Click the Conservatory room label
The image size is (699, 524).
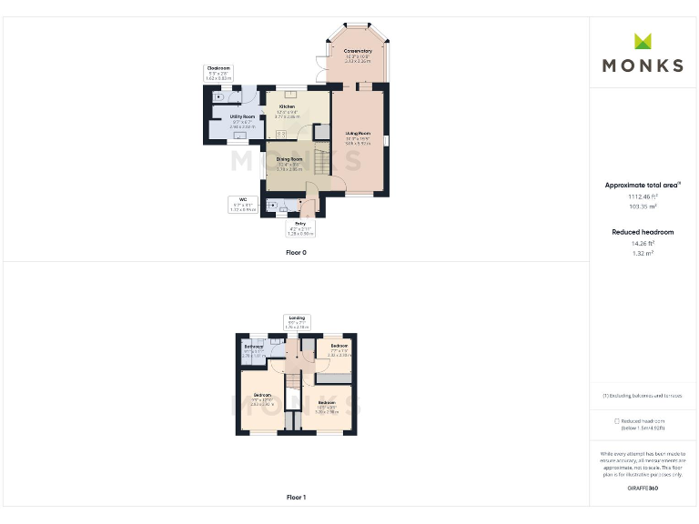click(358, 51)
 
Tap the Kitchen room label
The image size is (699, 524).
click(287, 107)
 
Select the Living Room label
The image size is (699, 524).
click(358, 134)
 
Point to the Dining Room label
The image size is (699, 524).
click(289, 159)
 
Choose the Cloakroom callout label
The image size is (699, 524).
click(218, 68)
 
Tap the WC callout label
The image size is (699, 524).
click(243, 199)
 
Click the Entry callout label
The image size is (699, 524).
click(299, 223)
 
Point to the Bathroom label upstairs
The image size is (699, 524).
click(254, 347)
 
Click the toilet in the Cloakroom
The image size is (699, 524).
click(218, 96)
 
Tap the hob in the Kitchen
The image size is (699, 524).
click(280, 134)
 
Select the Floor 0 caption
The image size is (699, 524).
click(296, 252)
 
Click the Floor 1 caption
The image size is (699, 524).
click(296, 498)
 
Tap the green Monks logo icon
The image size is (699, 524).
click(643, 41)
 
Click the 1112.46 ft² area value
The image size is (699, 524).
click(643, 196)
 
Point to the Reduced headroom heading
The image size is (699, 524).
click(643, 232)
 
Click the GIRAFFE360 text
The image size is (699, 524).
click(643, 489)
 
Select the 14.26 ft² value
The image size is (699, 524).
click(643, 243)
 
